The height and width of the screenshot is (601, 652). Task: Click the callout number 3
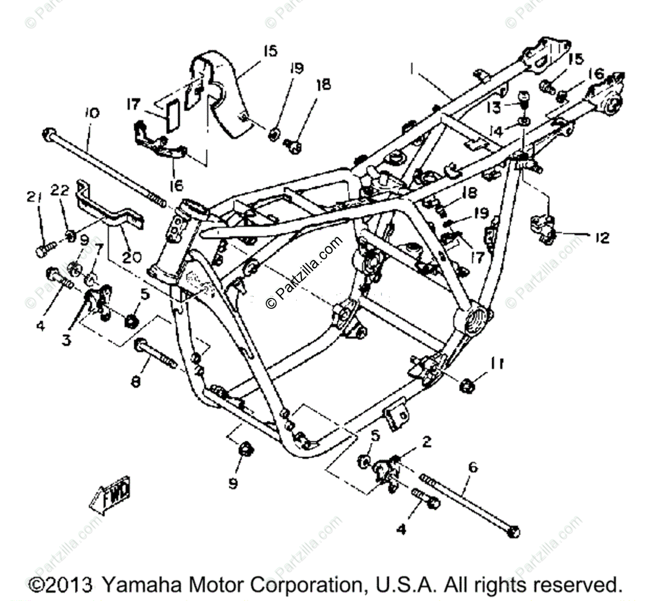pos(66,340)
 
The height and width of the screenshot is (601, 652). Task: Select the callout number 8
pos(135,382)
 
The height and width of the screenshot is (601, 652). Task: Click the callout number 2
pos(427,442)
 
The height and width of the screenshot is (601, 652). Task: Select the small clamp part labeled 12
pos(543,229)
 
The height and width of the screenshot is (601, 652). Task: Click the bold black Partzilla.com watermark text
pos(304,272)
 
